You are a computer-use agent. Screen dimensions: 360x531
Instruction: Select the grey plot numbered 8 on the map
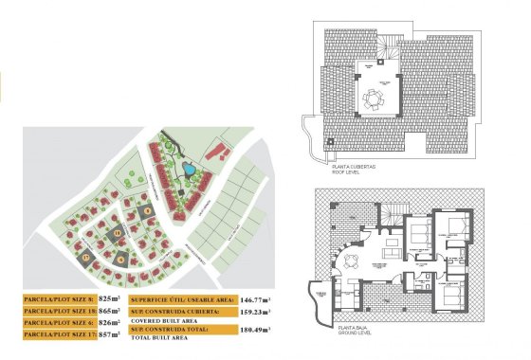(145, 212)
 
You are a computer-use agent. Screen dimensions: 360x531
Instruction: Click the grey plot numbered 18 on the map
(117, 232)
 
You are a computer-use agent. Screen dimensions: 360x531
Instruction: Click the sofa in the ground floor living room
(390, 250)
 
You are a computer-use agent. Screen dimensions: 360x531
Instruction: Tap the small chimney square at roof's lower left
(329, 142)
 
